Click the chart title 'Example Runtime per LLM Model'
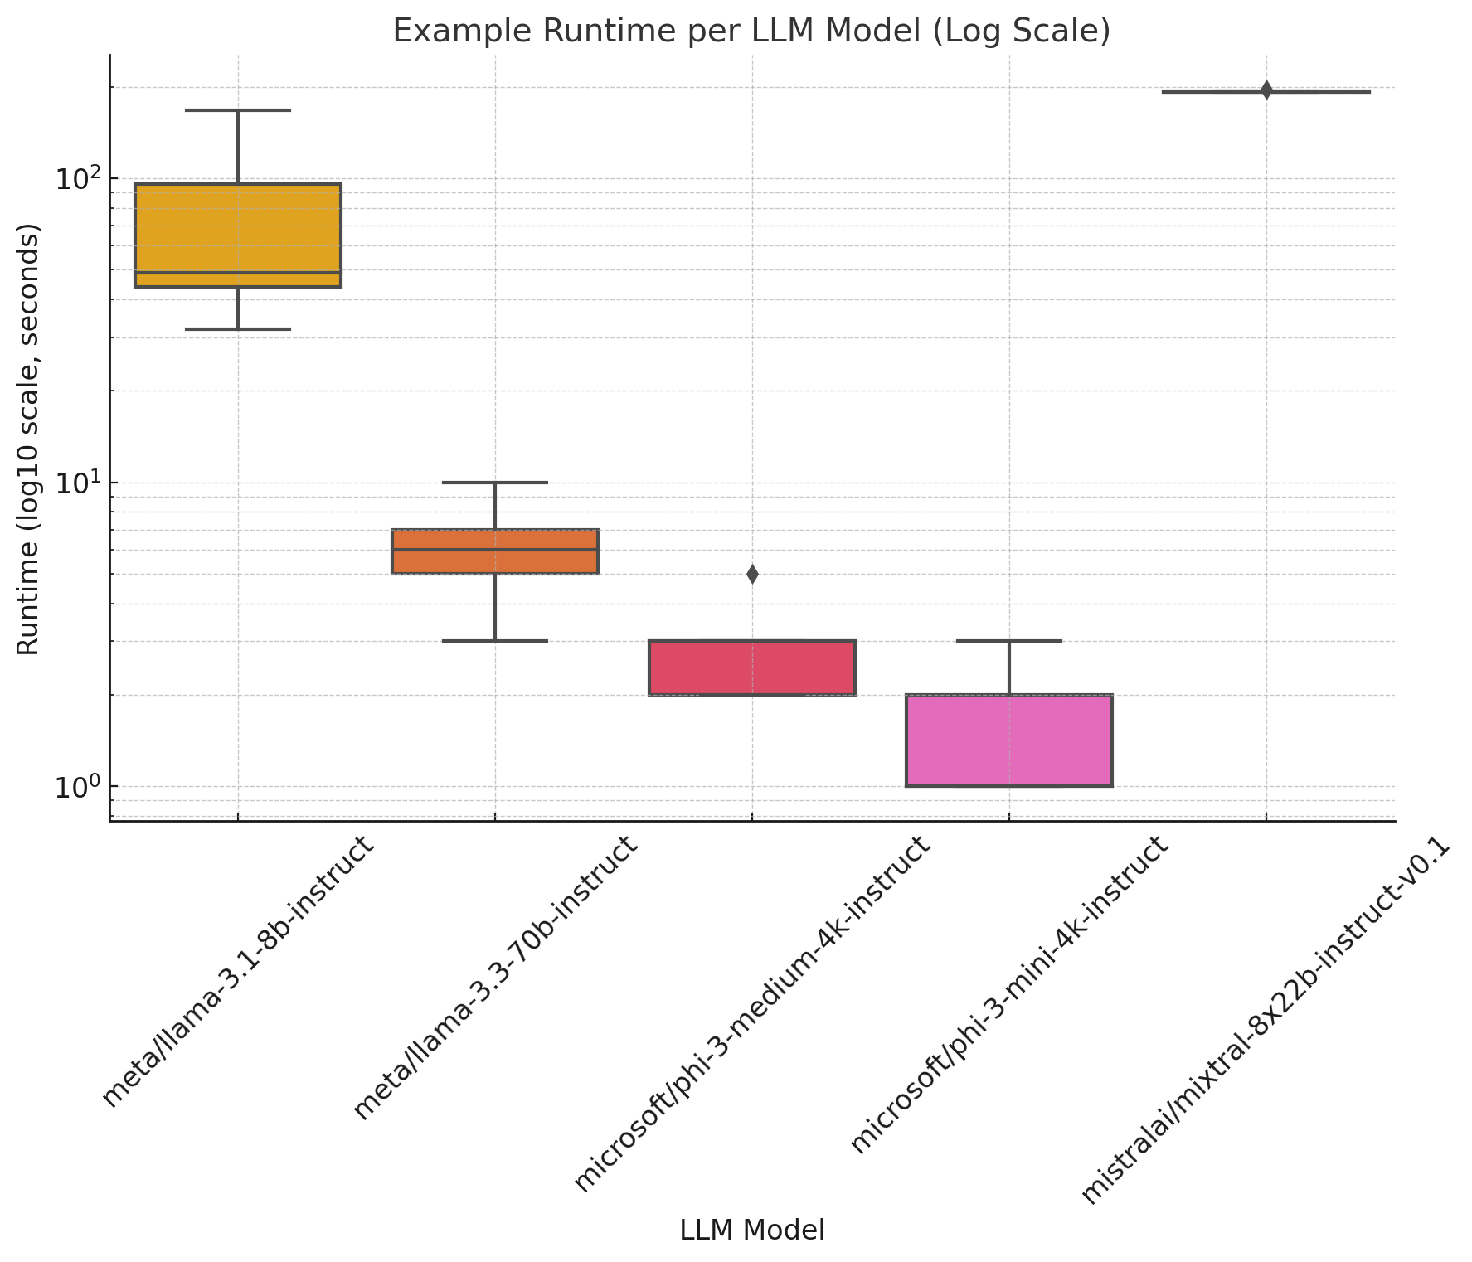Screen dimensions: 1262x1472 (x=751, y=31)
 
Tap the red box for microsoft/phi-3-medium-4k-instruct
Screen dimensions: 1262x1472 (x=751, y=667)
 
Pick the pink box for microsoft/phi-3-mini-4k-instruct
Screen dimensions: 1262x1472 (x=1008, y=740)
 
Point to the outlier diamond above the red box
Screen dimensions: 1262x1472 (x=752, y=574)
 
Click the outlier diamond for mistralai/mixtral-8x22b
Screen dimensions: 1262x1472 (x=1266, y=90)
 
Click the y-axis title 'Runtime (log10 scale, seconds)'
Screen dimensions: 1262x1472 (x=29, y=439)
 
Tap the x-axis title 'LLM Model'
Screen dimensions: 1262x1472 (x=751, y=1230)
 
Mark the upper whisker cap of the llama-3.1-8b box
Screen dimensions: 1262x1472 (x=238, y=109)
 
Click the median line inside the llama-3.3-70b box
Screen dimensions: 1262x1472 (x=495, y=549)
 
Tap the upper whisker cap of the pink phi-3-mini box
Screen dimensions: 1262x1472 (x=1008, y=641)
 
